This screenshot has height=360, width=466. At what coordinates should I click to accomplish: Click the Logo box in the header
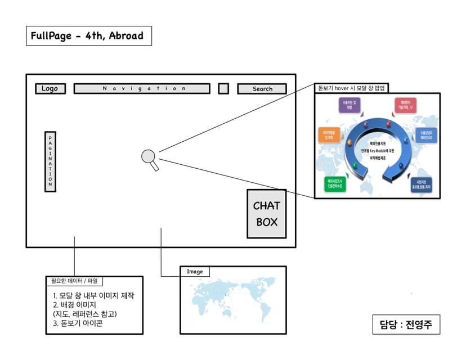pos(50,88)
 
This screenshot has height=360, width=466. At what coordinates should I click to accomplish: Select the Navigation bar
pos(141,88)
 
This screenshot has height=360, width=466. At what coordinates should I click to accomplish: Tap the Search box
pos(262,88)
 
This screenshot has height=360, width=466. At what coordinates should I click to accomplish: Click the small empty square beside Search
pos(223,88)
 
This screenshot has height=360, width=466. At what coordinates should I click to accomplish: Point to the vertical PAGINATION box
pos(50,161)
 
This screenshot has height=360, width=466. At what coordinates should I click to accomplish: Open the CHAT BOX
pos(267,214)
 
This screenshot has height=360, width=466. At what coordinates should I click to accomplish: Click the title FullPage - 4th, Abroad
pos(88,37)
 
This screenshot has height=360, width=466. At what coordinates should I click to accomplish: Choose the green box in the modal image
pos(336,183)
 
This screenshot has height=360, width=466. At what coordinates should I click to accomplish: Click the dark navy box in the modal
pos(421,184)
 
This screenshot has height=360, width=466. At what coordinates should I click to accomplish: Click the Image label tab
pos(195,272)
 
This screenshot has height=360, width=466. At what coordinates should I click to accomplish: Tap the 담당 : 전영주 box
pos(406,325)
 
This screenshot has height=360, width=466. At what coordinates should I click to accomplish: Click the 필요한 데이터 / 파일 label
pos(74,281)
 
